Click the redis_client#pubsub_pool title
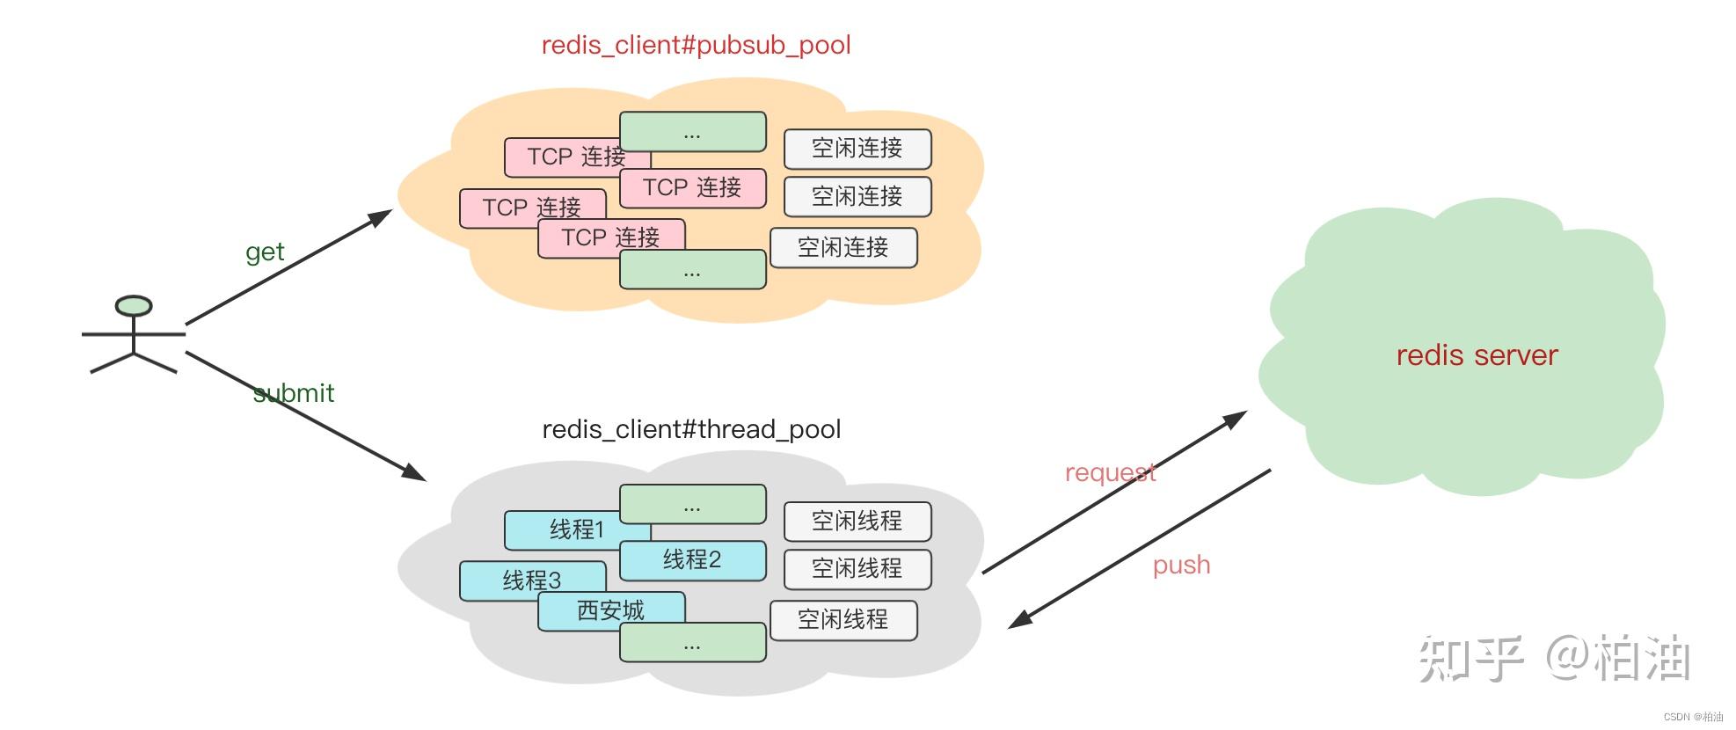coord(696,46)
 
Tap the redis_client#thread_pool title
coord(691,429)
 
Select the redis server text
coord(1477,355)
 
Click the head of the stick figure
coord(134,306)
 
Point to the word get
coord(264,252)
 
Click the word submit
coord(294,393)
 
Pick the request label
coord(1110,472)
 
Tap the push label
coord(1181,565)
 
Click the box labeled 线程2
coord(692,560)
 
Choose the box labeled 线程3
coord(531,581)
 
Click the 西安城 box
coord(610,610)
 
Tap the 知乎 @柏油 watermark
coord(1554,658)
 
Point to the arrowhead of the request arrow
coord(1237,417)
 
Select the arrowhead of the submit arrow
coord(416,475)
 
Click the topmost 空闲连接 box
coord(857,149)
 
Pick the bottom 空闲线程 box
coord(842,620)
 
